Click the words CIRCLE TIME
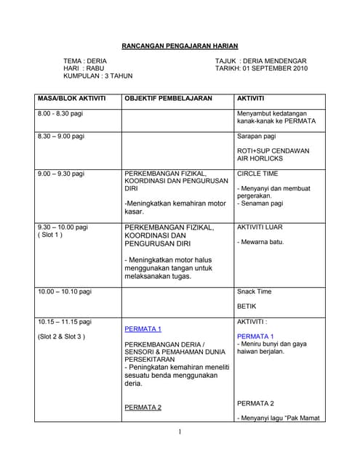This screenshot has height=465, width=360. coord(257,174)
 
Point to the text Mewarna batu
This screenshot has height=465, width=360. coord(260,242)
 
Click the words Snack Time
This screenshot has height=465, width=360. coord(255,291)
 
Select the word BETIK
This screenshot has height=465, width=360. coord(247,307)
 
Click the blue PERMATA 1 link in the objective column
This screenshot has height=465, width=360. coord(143,329)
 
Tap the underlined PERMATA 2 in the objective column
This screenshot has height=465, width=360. coord(143,408)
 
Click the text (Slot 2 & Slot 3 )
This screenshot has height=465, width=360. coord(62,336)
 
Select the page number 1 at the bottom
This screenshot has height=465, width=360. coord(179,433)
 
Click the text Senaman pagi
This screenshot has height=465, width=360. coord(263,203)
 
